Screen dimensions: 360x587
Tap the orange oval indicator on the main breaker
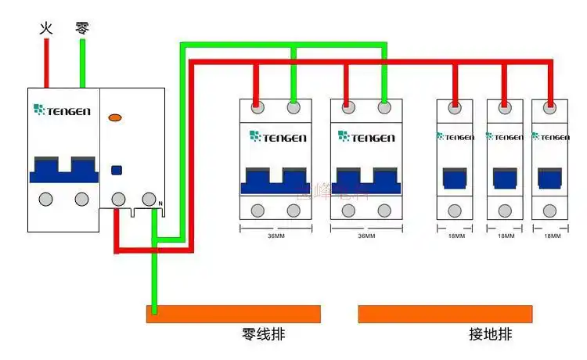click(115, 118)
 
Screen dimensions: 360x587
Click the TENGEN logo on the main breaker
click(63, 111)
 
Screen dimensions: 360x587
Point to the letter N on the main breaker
click(160, 204)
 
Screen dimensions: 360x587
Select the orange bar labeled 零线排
click(233, 314)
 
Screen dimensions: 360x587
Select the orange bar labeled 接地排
click(445, 314)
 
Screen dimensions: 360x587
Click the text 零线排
click(264, 335)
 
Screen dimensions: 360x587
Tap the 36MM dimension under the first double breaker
click(275, 236)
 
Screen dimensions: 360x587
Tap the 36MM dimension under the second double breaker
click(366, 236)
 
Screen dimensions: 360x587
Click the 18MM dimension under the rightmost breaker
click(552, 236)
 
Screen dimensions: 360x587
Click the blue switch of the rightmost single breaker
click(551, 179)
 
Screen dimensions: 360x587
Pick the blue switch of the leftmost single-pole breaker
click(456, 179)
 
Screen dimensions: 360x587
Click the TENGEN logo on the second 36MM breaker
click(366, 137)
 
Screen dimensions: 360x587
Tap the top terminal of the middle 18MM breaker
click(505, 106)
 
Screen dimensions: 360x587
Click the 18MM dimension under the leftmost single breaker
click(456, 236)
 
